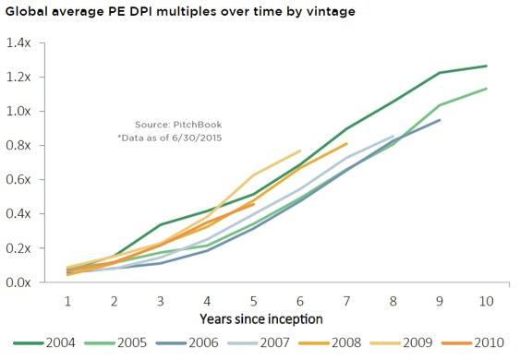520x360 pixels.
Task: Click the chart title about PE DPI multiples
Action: coord(180,12)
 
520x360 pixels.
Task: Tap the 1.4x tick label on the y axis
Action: coord(18,42)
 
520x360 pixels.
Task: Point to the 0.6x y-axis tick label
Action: coord(18,179)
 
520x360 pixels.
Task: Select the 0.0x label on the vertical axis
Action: coord(18,282)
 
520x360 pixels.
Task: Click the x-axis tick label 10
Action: coord(486,301)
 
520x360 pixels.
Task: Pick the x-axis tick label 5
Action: coord(254,301)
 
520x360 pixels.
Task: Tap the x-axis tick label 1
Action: coord(67,301)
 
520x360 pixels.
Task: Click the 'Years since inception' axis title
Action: coord(261,318)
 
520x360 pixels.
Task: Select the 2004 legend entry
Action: coord(44,342)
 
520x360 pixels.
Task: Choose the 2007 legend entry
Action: coord(259,342)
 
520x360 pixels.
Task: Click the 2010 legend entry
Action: coord(473,342)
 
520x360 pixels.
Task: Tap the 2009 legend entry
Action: coord(401,342)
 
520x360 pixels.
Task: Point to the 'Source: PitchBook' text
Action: coord(178,125)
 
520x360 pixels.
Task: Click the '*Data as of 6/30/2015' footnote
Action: coord(170,138)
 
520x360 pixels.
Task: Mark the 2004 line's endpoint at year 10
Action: coord(486,66)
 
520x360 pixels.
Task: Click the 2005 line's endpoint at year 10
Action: coord(486,89)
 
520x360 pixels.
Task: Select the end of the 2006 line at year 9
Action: coord(440,120)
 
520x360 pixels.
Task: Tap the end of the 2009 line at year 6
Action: coord(300,150)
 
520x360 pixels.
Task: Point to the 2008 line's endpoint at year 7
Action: coord(346,143)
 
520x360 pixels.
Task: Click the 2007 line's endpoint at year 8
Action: coord(393,136)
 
